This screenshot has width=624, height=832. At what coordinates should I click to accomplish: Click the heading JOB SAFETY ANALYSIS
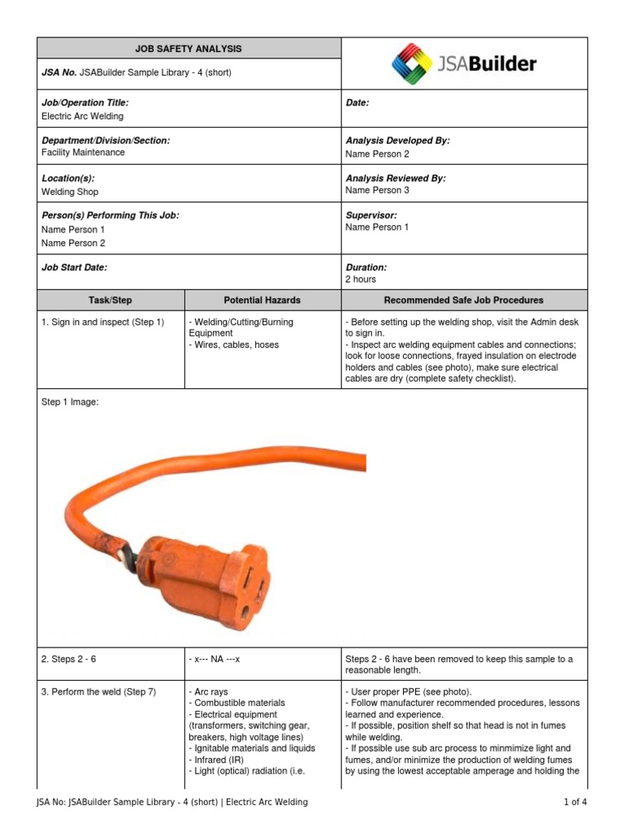coord(188,49)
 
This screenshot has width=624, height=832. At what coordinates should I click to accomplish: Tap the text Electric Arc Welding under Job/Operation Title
coord(82,116)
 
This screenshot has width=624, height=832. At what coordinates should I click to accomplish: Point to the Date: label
coord(357,103)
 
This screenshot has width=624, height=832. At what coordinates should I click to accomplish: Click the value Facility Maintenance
coord(83,153)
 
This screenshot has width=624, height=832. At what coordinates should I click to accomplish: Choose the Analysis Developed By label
coord(397,141)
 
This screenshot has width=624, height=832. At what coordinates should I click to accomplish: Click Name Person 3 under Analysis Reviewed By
coord(377,190)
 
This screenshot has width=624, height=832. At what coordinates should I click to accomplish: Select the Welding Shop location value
coord(70,192)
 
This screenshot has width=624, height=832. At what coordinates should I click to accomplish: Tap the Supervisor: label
coord(371,215)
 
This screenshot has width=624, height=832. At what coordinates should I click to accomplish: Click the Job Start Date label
coord(74,267)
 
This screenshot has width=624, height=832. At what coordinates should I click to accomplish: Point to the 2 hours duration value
coord(361,279)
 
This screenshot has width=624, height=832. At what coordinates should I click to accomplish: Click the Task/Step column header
coord(110,300)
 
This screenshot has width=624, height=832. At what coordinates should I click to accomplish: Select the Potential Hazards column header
coord(262,300)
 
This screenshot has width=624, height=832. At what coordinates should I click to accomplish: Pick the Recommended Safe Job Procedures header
coord(463,300)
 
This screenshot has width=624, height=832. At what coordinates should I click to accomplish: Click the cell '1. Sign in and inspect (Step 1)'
coord(102,323)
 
